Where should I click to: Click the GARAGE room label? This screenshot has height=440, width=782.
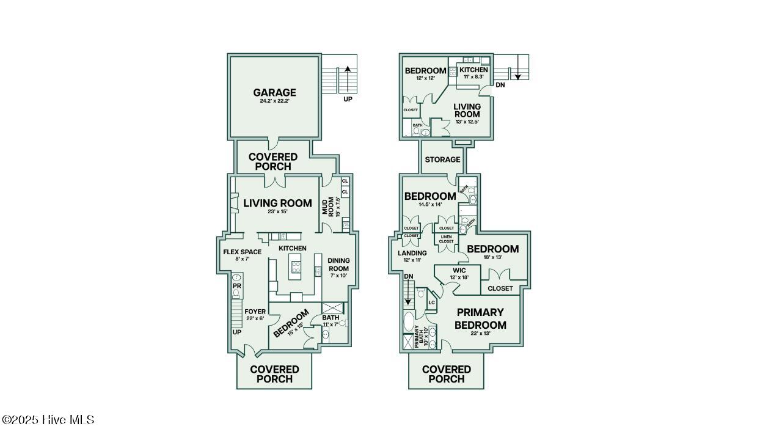tap(274, 93)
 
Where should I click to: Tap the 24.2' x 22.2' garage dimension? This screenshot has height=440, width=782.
tap(274, 102)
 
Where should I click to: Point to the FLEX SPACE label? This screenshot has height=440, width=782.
tap(242, 252)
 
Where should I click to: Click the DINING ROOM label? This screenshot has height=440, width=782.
tap(338, 264)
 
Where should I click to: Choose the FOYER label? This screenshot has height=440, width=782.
tap(255, 312)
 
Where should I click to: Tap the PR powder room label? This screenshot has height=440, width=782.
tap(236, 285)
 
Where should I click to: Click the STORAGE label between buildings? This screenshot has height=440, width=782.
tap(442, 159)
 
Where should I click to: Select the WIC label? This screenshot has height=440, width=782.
tap(459, 270)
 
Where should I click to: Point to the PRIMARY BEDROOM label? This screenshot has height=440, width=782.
tap(480, 318)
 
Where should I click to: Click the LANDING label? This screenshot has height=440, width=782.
tap(412, 253)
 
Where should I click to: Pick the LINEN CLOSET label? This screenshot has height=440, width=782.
tap(447, 239)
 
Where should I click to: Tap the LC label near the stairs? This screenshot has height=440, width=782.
tap(431, 302)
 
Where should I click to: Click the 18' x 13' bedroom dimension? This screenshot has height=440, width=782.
tap(492, 257)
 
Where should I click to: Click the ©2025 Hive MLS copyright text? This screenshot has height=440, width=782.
tap(48, 420)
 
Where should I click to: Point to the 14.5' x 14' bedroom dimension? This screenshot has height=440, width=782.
tap(430, 205)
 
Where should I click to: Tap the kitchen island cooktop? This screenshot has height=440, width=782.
tap(296, 266)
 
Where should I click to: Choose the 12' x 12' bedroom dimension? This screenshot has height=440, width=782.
tap(425, 78)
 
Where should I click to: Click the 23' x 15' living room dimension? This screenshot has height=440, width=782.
tap(277, 212)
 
